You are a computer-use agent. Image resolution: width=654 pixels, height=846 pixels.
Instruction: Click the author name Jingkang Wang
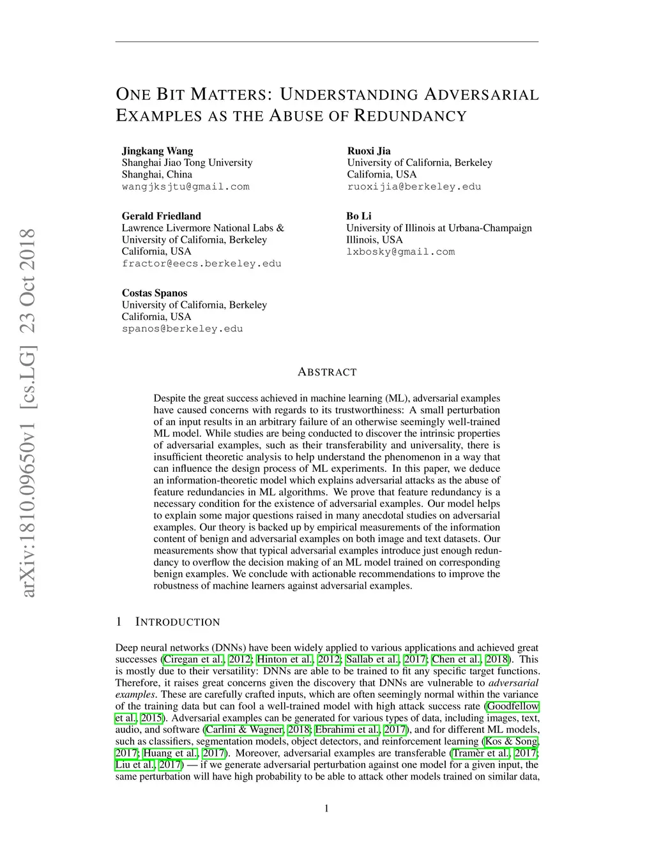point(157,151)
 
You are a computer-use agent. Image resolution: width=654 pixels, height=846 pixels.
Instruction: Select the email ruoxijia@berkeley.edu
point(414,187)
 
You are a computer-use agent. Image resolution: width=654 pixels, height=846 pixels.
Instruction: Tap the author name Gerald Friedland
point(161,216)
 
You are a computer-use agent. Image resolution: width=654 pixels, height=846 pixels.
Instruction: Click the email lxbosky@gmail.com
point(400,252)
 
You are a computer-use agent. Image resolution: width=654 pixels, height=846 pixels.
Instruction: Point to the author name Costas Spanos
point(155,293)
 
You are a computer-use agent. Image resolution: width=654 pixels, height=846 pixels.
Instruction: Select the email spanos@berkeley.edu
point(182,329)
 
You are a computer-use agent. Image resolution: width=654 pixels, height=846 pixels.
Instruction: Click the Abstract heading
point(327,372)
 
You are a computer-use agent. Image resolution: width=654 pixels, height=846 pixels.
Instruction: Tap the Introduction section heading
point(177,622)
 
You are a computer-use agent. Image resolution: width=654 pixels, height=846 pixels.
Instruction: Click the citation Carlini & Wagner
point(244,730)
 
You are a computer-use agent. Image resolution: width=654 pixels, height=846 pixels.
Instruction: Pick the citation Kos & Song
point(512,741)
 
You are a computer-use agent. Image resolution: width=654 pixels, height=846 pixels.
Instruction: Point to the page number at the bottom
point(327,809)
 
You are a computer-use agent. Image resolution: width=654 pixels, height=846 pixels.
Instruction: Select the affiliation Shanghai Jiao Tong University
point(187,163)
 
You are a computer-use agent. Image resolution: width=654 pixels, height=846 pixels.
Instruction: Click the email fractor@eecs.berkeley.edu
point(201,264)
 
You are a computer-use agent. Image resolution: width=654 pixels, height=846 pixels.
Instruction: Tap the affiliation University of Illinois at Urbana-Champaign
point(439,228)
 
